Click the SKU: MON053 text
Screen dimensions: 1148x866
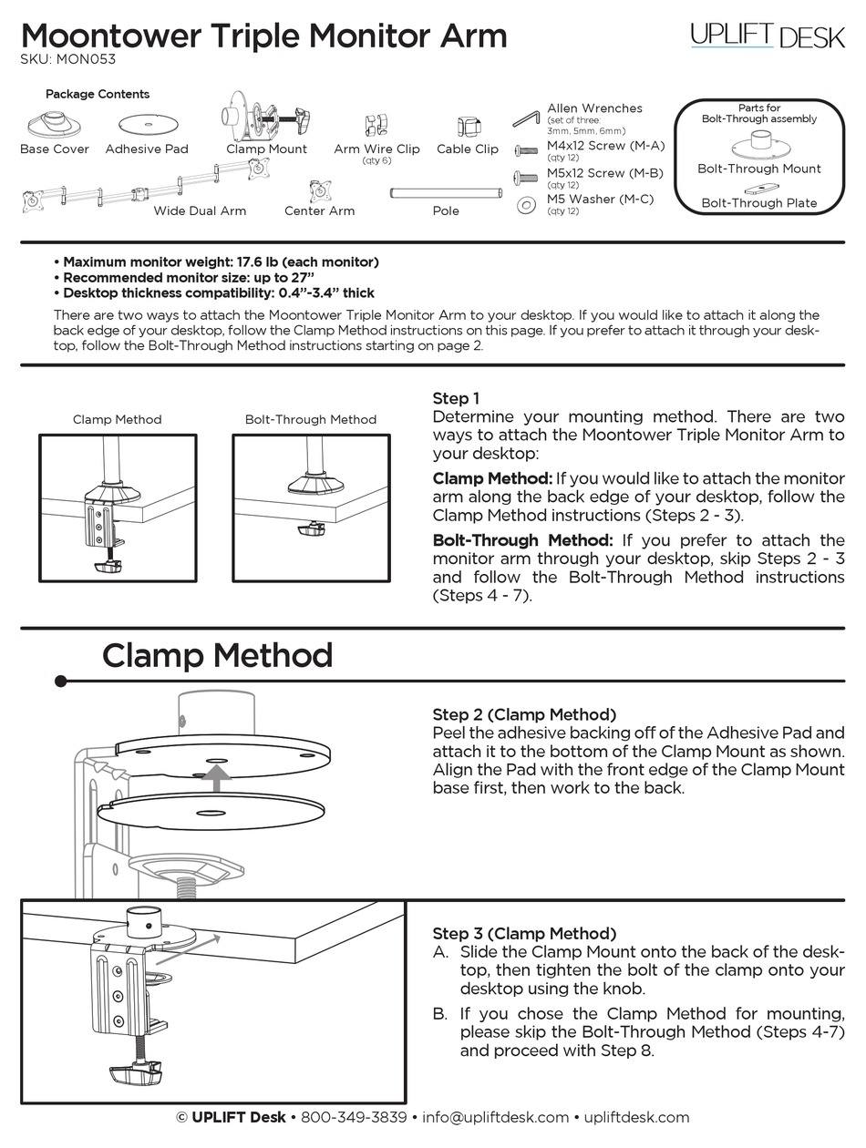click(68, 60)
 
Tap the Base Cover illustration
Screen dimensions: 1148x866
click(54, 123)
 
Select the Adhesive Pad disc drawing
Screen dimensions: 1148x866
click(146, 123)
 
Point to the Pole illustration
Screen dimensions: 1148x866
click(446, 192)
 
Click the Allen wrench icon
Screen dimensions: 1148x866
click(526, 118)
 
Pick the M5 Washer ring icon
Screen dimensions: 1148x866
click(526, 205)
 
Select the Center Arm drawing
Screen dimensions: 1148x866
click(319, 190)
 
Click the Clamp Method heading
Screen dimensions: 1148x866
click(217, 656)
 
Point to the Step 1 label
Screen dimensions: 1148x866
click(456, 398)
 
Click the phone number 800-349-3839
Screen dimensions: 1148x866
click(354, 1117)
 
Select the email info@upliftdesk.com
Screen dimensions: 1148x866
click(496, 1117)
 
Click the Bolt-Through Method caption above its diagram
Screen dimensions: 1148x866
click(310, 420)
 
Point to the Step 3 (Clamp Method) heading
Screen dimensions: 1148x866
click(524, 933)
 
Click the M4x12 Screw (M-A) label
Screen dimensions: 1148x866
click(605, 146)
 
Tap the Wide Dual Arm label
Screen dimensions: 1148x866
click(200, 210)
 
